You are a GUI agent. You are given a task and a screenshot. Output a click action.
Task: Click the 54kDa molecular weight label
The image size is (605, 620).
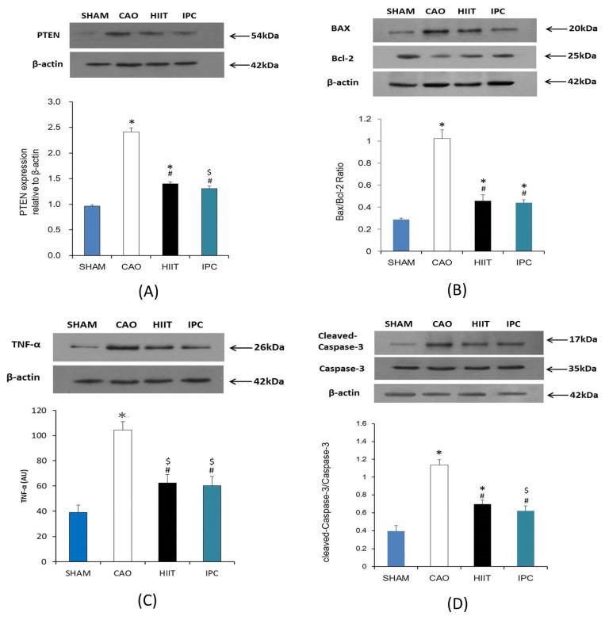pos(262,36)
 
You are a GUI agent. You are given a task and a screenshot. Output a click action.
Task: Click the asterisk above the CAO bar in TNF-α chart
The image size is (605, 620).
pos(123,415)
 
